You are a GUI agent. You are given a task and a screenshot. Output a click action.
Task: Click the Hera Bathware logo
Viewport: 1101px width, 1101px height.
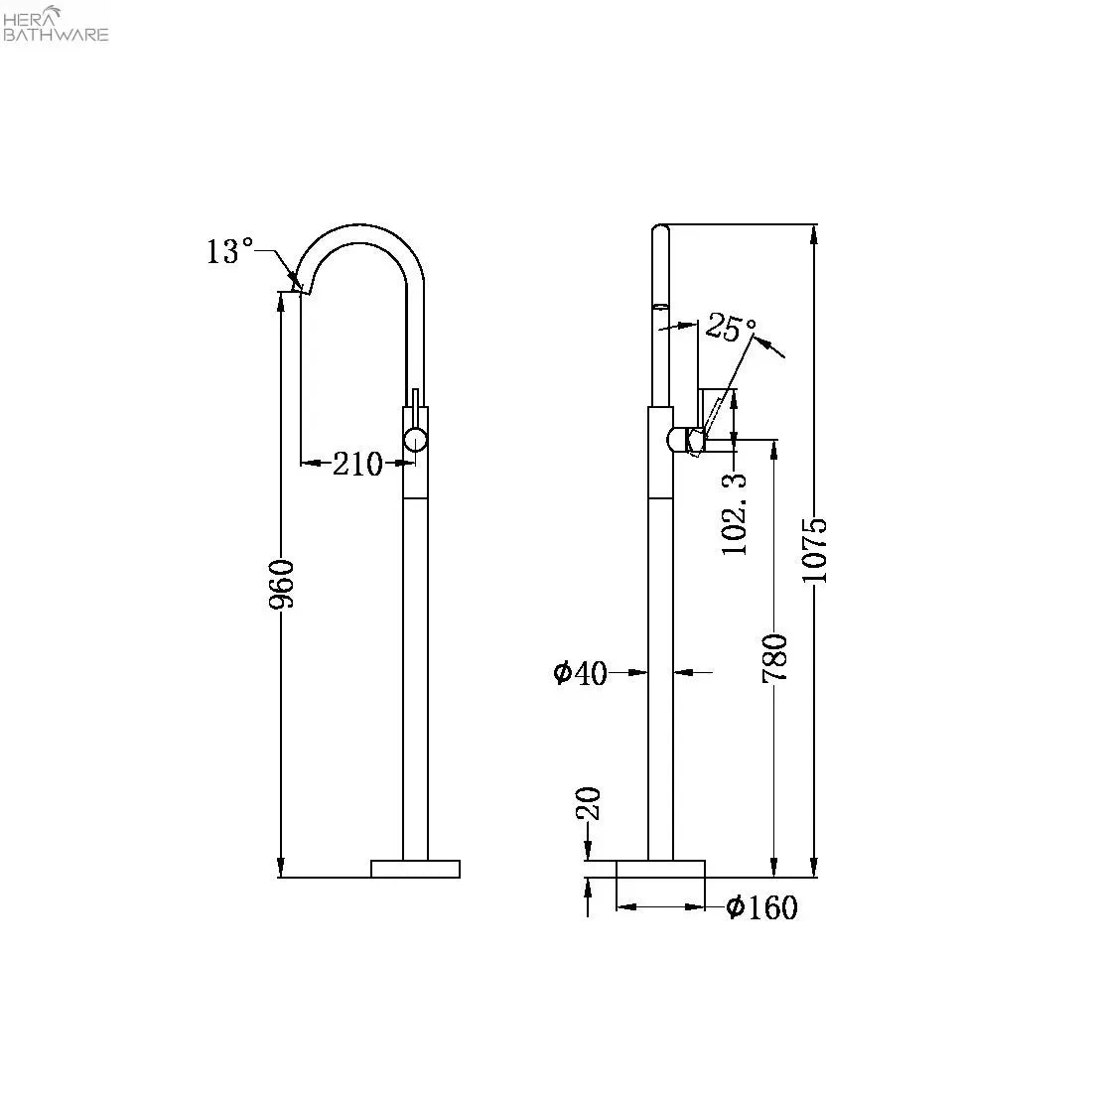(57, 24)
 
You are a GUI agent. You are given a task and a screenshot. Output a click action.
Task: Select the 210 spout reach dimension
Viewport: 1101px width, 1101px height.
(357, 463)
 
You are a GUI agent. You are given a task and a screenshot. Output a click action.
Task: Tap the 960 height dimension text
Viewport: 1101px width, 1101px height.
(283, 585)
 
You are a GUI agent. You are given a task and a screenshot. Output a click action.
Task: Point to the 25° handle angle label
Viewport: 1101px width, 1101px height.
(731, 327)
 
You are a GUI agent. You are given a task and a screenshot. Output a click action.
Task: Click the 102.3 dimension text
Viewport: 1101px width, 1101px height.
(736, 513)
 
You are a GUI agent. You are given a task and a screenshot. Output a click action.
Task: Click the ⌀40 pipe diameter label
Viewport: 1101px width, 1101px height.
(580, 673)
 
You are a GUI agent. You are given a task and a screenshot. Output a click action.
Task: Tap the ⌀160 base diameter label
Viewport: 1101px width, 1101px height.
(761, 907)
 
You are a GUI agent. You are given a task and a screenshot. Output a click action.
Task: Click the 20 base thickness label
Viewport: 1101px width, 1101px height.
(589, 804)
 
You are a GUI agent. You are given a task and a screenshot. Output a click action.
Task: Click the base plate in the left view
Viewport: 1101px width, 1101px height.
(415, 869)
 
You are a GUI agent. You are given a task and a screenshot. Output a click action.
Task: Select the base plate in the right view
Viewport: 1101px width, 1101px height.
(660, 869)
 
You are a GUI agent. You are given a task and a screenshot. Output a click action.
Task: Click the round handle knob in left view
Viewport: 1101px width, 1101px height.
(415, 440)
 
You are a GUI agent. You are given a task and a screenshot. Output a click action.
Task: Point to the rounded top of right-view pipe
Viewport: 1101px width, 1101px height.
(661, 232)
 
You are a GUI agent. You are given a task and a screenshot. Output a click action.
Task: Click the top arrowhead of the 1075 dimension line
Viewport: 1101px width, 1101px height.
(814, 233)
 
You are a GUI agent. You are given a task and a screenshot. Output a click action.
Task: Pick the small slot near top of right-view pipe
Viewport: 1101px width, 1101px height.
(661, 306)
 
